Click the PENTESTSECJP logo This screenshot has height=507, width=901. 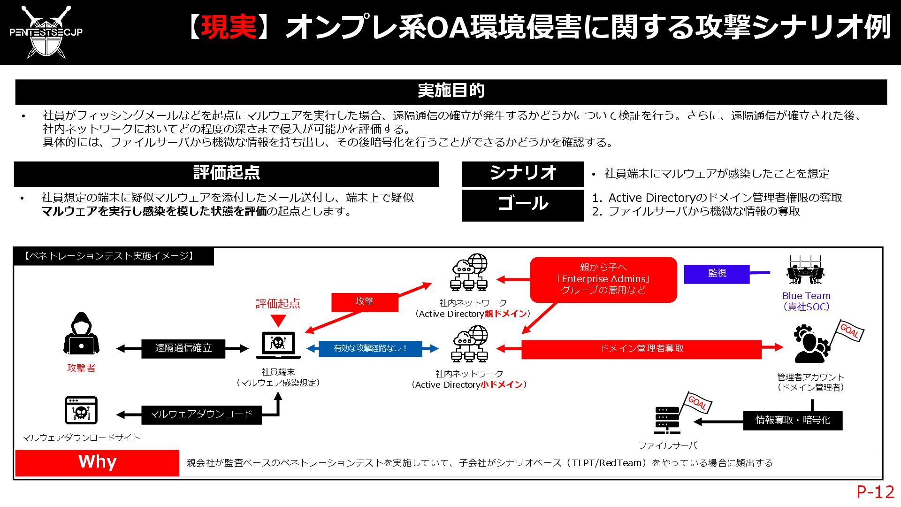[x=46, y=32]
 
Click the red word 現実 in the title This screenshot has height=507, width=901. [x=229, y=27]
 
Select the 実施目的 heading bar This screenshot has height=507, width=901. [x=450, y=91]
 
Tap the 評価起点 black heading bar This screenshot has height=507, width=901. [x=226, y=173]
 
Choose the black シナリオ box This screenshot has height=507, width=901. [x=522, y=174]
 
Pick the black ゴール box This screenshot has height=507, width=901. [x=522, y=205]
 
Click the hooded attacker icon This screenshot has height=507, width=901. [x=82, y=334]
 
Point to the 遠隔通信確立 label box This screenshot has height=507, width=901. [x=183, y=348]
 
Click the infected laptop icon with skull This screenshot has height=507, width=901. [x=278, y=345]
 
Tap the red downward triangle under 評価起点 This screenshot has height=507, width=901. [x=278, y=321]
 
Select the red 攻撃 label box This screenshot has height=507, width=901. [x=365, y=302]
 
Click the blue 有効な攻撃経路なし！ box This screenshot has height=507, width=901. [x=370, y=349]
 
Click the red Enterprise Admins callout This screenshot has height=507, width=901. [x=603, y=279]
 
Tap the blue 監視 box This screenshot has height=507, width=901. [x=717, y=274]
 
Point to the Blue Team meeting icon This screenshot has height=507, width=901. [x=805, y=271]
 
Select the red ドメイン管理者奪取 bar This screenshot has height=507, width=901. [x=641, y=349]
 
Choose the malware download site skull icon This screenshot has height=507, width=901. [x=81, y=411]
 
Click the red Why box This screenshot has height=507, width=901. [x=97, y=463]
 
